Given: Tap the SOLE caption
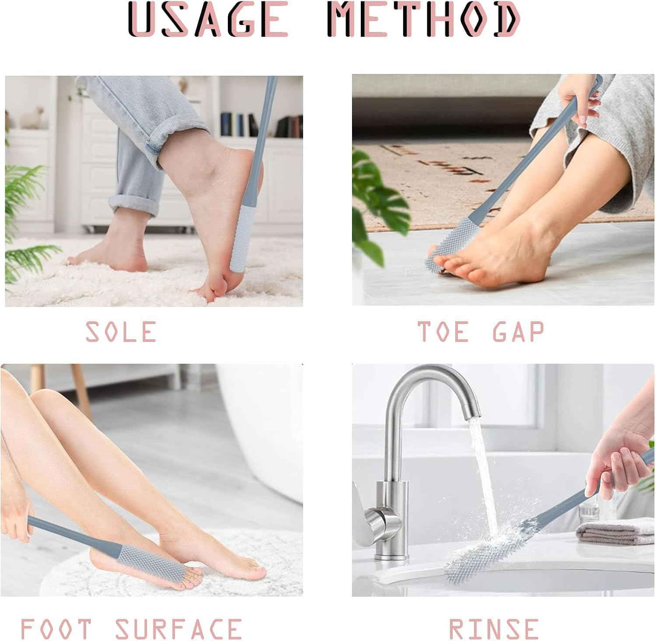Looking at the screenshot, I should click(121, 331).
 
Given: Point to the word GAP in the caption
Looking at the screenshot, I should click(518, 331).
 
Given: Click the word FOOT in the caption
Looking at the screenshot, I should click(56, 629).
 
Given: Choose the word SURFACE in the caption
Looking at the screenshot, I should click(178, 629).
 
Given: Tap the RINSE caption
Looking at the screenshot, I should click(493, 629).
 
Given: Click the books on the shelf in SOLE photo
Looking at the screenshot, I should click(238, 125).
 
